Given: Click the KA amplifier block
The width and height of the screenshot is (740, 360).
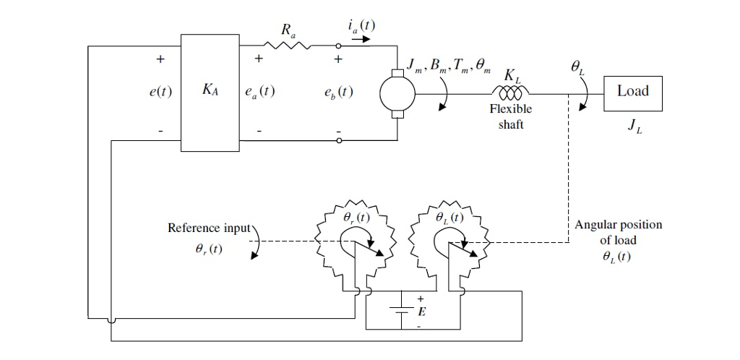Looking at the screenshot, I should [209, 93].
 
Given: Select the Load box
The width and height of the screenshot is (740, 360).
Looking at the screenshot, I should [632, 92].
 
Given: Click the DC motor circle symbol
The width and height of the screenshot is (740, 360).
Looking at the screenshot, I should [397, 93].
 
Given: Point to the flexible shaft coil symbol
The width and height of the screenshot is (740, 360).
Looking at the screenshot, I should [510, 93].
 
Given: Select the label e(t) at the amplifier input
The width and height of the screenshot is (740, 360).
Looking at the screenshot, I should [160, 93].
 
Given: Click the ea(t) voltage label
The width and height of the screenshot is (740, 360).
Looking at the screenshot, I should [259, 93].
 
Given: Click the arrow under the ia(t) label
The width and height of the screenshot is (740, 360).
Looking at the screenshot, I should [360, 40].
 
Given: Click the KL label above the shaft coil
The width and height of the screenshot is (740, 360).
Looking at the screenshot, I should [511, 76].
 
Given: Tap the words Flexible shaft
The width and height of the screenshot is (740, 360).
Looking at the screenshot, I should [510, 117].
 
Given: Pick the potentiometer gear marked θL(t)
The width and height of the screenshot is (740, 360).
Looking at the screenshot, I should [449, 240].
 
